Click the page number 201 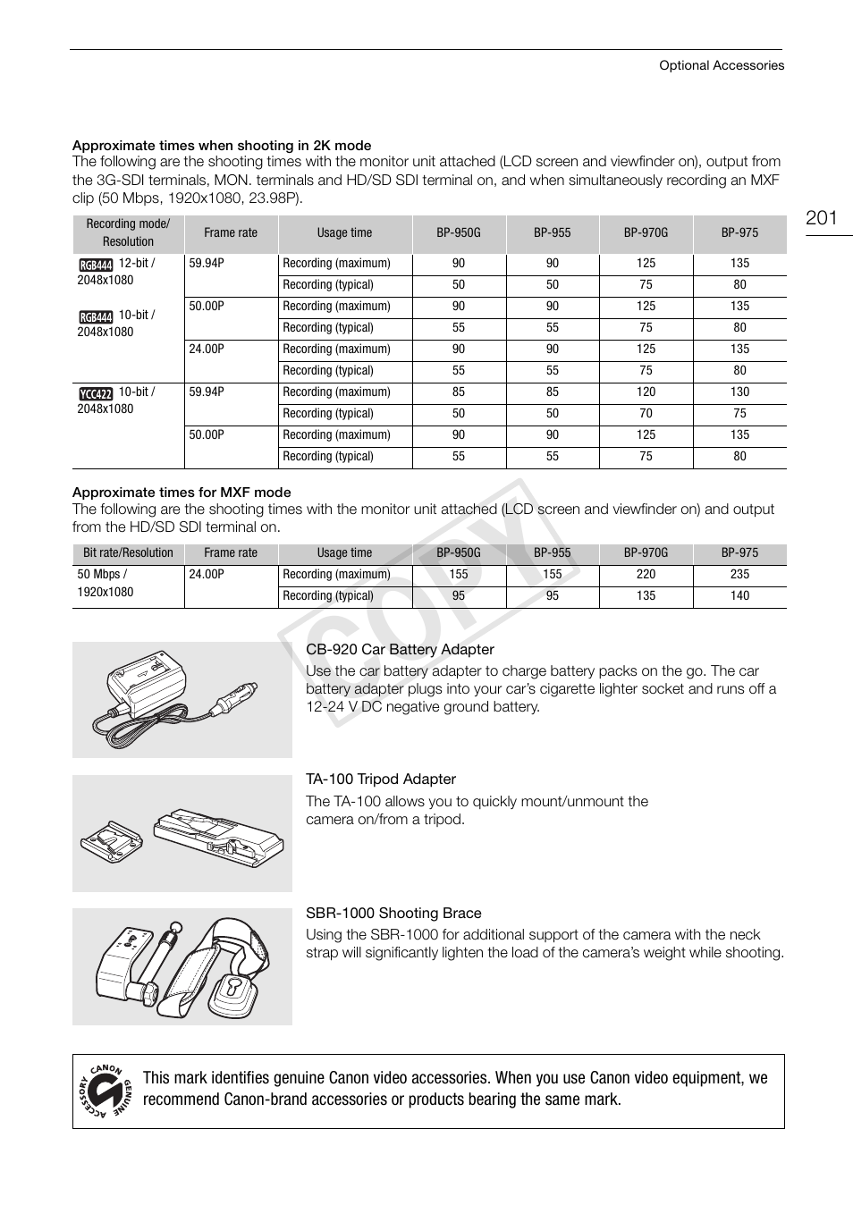pos(821,218)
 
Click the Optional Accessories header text pos(721,65)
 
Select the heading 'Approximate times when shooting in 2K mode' pos(222,146)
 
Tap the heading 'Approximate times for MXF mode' pos(182,493)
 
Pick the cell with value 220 pos(646,575)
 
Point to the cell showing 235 pos(739,575)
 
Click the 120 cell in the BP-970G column pos(646,392)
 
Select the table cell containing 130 pos(739,392)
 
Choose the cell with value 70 pos(646,414)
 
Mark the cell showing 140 pos(739,596)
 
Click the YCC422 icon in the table pos(96,393)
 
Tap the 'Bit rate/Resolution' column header pos(128,553)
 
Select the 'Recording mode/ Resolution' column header pos(128,233)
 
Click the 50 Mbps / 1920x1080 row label pos(106,584)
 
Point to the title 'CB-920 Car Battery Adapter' pos(400,650)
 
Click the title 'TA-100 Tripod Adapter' pos(381,779)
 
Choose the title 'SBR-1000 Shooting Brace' pos(393,914)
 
